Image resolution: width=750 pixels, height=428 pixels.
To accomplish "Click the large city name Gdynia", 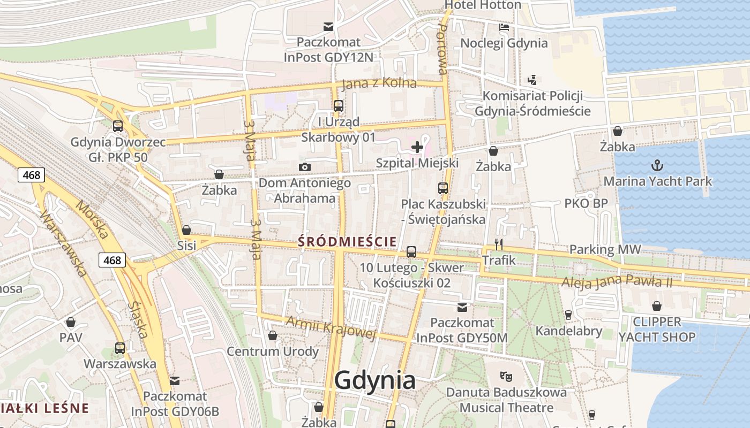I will (374, 380).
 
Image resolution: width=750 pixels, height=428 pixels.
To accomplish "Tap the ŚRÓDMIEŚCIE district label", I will (347, 241).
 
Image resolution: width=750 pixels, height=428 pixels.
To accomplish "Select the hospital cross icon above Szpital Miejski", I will (417, 147).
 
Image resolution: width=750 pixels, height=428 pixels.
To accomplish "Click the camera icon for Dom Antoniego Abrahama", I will (305, 167).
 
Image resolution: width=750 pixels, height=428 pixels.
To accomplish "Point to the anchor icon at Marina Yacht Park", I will (657, 165).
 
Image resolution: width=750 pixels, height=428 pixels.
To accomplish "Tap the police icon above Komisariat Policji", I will (532, 80).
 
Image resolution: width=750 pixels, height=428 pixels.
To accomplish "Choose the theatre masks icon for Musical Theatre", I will (504, 376).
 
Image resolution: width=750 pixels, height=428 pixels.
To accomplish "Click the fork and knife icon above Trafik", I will (499, 244).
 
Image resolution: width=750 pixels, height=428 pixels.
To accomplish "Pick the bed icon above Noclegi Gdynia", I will (504, 27).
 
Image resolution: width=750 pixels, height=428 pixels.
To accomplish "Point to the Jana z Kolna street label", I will (379, 83).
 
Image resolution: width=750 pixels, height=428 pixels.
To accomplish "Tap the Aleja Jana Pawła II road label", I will (617, 281).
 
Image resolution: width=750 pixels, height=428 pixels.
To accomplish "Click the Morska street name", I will (92, 220).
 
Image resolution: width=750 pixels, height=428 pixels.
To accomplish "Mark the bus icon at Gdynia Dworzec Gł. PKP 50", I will (118, 126).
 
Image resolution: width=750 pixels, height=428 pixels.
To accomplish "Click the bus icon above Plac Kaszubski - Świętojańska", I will (442, 188).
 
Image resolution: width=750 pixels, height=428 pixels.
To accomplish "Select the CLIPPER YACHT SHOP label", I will (657, 330).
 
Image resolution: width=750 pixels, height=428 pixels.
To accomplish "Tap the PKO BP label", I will (586, 203).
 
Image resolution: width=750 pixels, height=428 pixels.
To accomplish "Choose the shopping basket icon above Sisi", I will (186, 230).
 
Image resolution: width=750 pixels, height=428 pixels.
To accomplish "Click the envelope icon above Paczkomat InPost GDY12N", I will (328, 26).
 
